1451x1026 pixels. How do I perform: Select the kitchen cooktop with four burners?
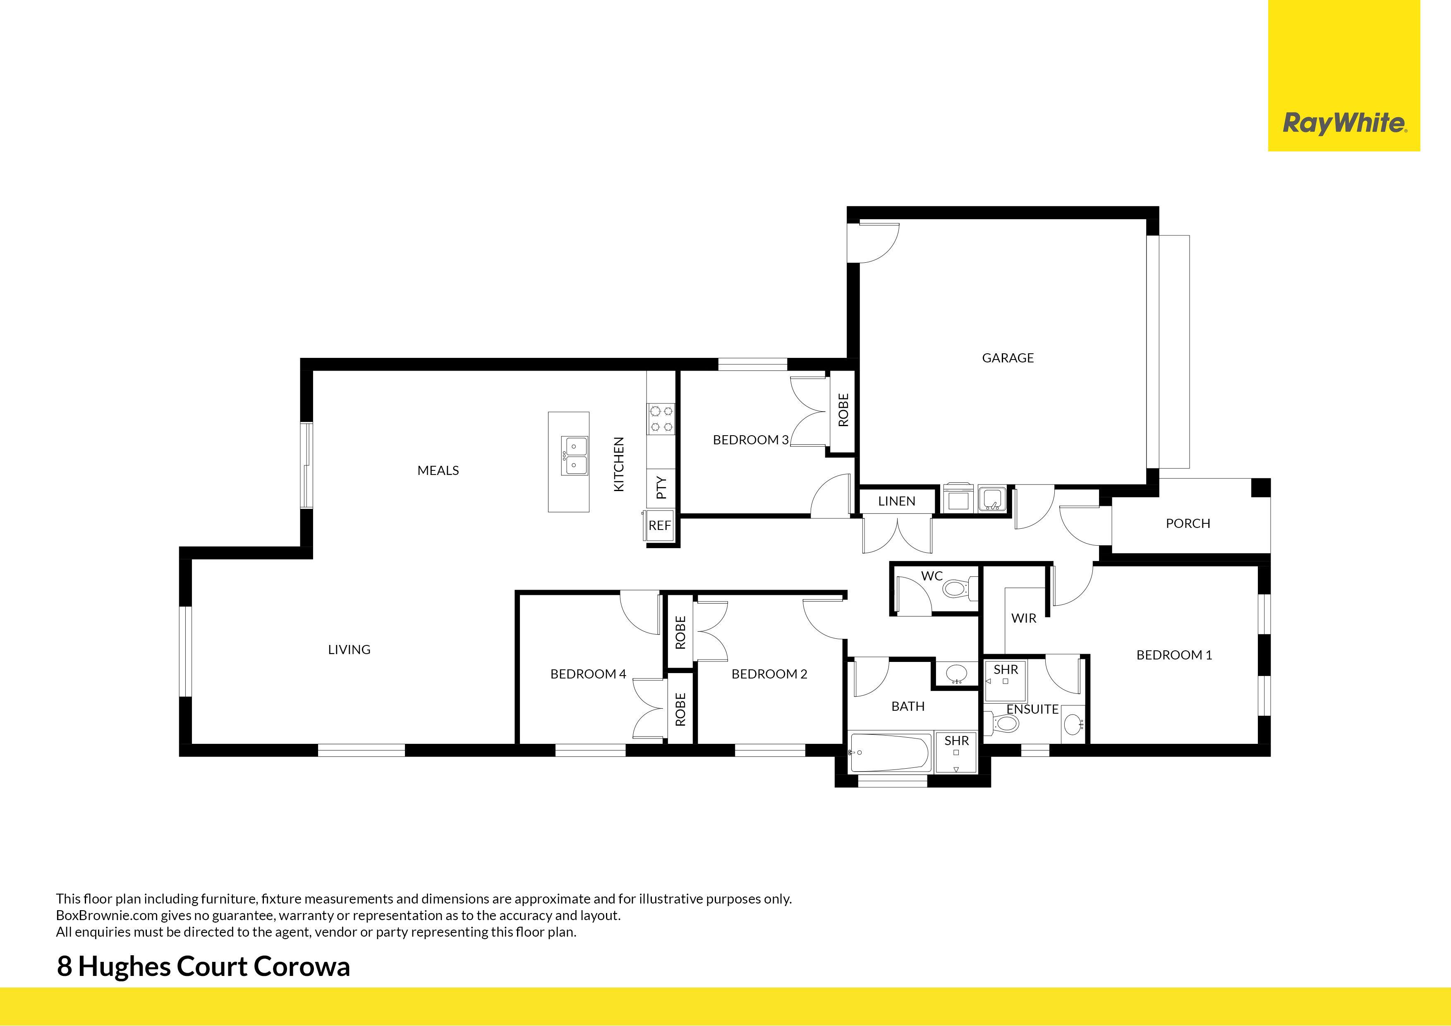661,419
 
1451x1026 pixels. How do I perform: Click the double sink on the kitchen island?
575,456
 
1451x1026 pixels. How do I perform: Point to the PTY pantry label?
661,487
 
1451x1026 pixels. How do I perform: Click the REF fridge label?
659,525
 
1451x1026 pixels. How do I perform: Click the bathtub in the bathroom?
890,752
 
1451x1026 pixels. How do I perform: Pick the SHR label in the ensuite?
1006,669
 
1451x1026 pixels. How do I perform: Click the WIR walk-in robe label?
1023,618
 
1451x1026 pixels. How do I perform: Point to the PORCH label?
1188,523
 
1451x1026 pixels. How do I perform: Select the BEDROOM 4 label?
588,674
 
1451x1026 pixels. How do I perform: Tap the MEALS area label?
438,470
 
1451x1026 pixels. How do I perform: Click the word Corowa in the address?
302,966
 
